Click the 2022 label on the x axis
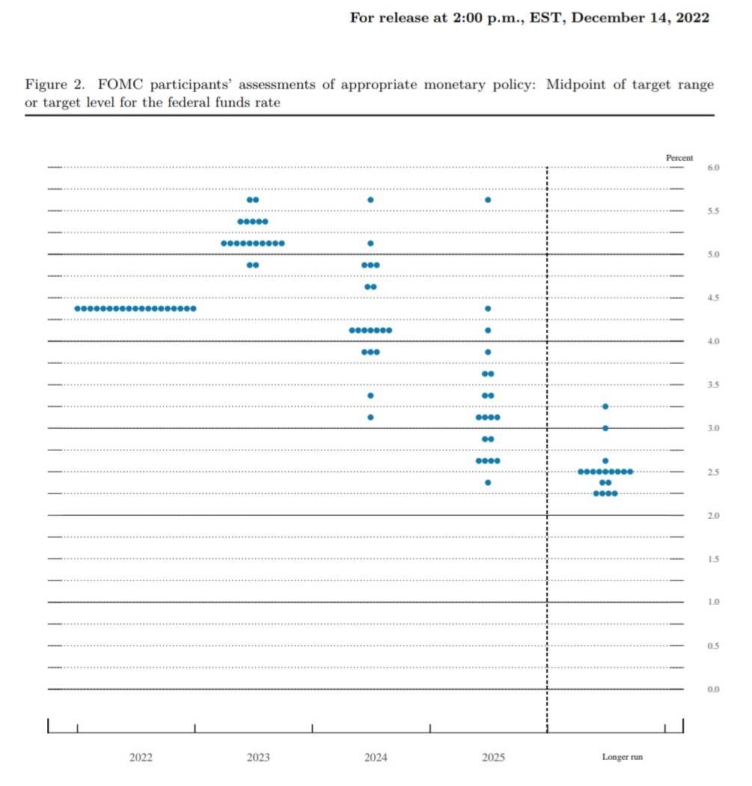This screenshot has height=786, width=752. (141, 758)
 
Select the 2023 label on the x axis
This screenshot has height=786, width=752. (258, 758)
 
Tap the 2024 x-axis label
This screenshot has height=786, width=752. (376, 758)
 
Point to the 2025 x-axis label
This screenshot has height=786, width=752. (493, 758)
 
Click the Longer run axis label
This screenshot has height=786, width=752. (622, 758)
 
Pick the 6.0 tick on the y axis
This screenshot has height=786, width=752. (713, 168)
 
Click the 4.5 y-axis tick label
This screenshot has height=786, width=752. (713, 298)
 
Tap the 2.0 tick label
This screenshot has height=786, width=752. (713, 516)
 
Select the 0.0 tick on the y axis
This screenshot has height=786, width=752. (713, 689)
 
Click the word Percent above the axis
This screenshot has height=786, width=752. (679, 158)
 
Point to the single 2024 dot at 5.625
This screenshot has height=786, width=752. (370, 200)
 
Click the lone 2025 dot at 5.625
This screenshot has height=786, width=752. (488, 200)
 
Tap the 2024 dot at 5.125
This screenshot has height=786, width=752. (370, 243)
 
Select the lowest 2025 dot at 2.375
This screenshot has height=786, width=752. (488, 482)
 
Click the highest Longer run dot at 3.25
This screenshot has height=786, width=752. (605, 406)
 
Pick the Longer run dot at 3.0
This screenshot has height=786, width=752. (605, 428)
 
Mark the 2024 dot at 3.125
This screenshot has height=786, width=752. (370, 417)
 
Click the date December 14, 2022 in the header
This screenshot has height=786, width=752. (639, 17)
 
